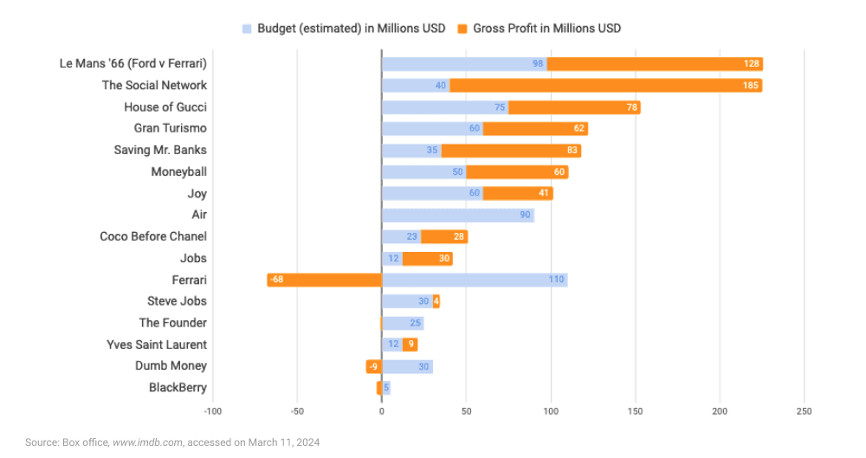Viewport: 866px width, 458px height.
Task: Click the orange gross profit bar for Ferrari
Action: tap(325, 280)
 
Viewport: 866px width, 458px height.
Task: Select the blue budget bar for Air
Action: tap(457, 215)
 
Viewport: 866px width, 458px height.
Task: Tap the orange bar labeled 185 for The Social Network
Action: tap(605, 85)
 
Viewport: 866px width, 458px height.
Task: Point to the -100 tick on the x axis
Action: tap(212, 410)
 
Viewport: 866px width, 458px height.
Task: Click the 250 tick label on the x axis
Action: tap(805, 410)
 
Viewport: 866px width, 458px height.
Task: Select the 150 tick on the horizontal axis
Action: tap(636, 410)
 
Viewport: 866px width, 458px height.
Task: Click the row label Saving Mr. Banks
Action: tap(160, 150)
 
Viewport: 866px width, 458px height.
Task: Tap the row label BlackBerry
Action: tap(178, 388)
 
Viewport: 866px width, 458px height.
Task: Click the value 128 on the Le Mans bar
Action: tap(751, 64)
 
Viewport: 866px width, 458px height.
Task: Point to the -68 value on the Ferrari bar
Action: tap(276, 280)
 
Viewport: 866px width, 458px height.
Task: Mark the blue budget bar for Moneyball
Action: tap(423, 171)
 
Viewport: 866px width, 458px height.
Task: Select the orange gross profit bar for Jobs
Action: tap(427, 258)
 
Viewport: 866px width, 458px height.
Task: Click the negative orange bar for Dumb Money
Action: tap(373, 366)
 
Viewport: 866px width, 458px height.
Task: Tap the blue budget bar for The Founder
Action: tap(404, 323)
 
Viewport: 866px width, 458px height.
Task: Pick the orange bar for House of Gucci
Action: tap(573, 106)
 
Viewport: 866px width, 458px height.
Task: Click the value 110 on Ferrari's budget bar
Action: tap(556, 280)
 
